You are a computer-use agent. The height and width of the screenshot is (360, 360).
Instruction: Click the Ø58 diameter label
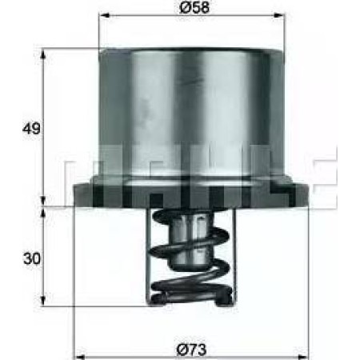click(191, 9)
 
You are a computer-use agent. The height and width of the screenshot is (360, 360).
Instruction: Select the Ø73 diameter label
click(191, 348)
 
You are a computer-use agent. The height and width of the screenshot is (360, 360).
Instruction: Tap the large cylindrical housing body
click(191, 120)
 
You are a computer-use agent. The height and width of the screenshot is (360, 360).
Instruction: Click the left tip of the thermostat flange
click(74, 192)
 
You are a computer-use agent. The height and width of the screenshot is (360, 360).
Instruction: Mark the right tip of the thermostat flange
click(309, 192)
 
